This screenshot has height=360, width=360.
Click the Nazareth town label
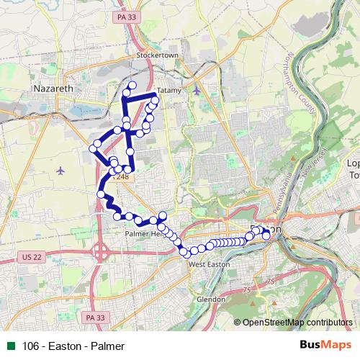click(54, 89)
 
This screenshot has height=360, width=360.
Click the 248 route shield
click(122, 176)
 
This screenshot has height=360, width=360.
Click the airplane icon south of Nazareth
click(60, 171)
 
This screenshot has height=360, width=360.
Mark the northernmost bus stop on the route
click(132, 86)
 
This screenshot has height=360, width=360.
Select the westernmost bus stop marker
click(92, 148)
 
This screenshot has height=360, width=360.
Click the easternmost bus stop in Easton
click(266, 235)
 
